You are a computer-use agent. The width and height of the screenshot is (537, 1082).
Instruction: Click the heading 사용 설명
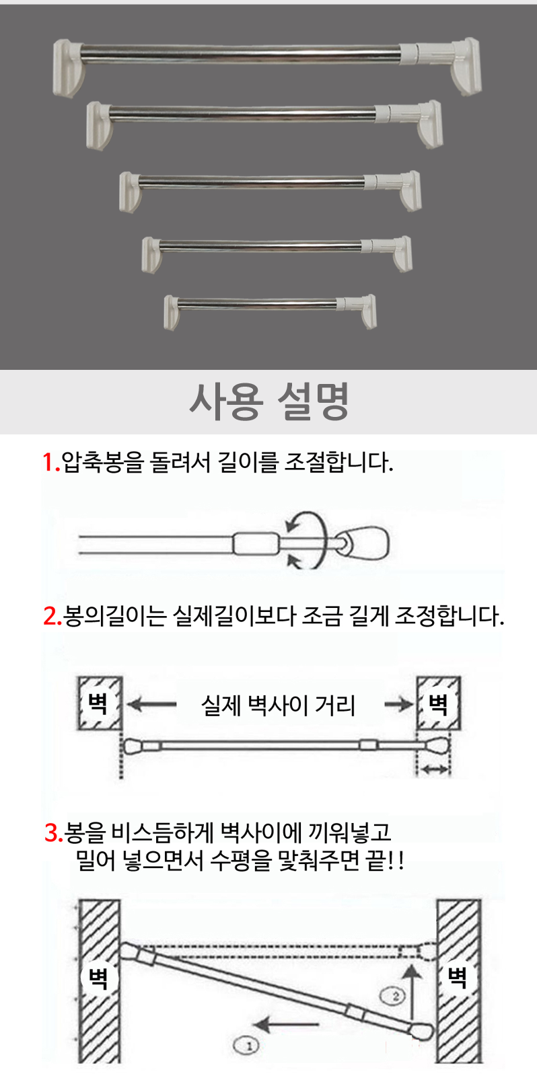pyautogui.click(x=268, y=402)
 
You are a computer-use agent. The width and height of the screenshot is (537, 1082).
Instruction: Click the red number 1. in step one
pyautogui.click(x=50, y=462)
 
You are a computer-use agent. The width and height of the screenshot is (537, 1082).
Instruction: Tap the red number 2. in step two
pyautogui.click(x=52, y=616)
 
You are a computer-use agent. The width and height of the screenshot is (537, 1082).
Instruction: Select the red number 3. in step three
pyautogui.click(x=54, y=832)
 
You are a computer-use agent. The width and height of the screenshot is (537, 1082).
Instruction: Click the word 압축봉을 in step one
pyautogui.click(x=102, y=462)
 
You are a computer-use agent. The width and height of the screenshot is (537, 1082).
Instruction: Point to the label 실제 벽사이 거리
pyautogui.click(x=278, y=705)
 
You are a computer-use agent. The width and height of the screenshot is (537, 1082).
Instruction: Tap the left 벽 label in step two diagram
pyautogui.click(x=98, y=703)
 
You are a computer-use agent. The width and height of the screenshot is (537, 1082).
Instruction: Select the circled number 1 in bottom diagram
pyautogui.click(x=246, y=1046)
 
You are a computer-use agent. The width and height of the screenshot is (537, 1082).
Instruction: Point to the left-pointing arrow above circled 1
pyautogui.click(x=286, y=1023)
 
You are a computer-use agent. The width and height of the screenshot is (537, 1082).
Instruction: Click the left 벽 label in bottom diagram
pyautogui.click(x=98, y=978)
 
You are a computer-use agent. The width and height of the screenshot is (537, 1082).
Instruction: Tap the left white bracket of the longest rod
pyautogui.click(x=69, y=68)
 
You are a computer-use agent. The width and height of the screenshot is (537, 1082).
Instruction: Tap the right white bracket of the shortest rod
pyautogui.click(x=368, y=311)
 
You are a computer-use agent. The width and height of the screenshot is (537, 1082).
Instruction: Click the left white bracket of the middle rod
pyautogui.click(x=129, y=192)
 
